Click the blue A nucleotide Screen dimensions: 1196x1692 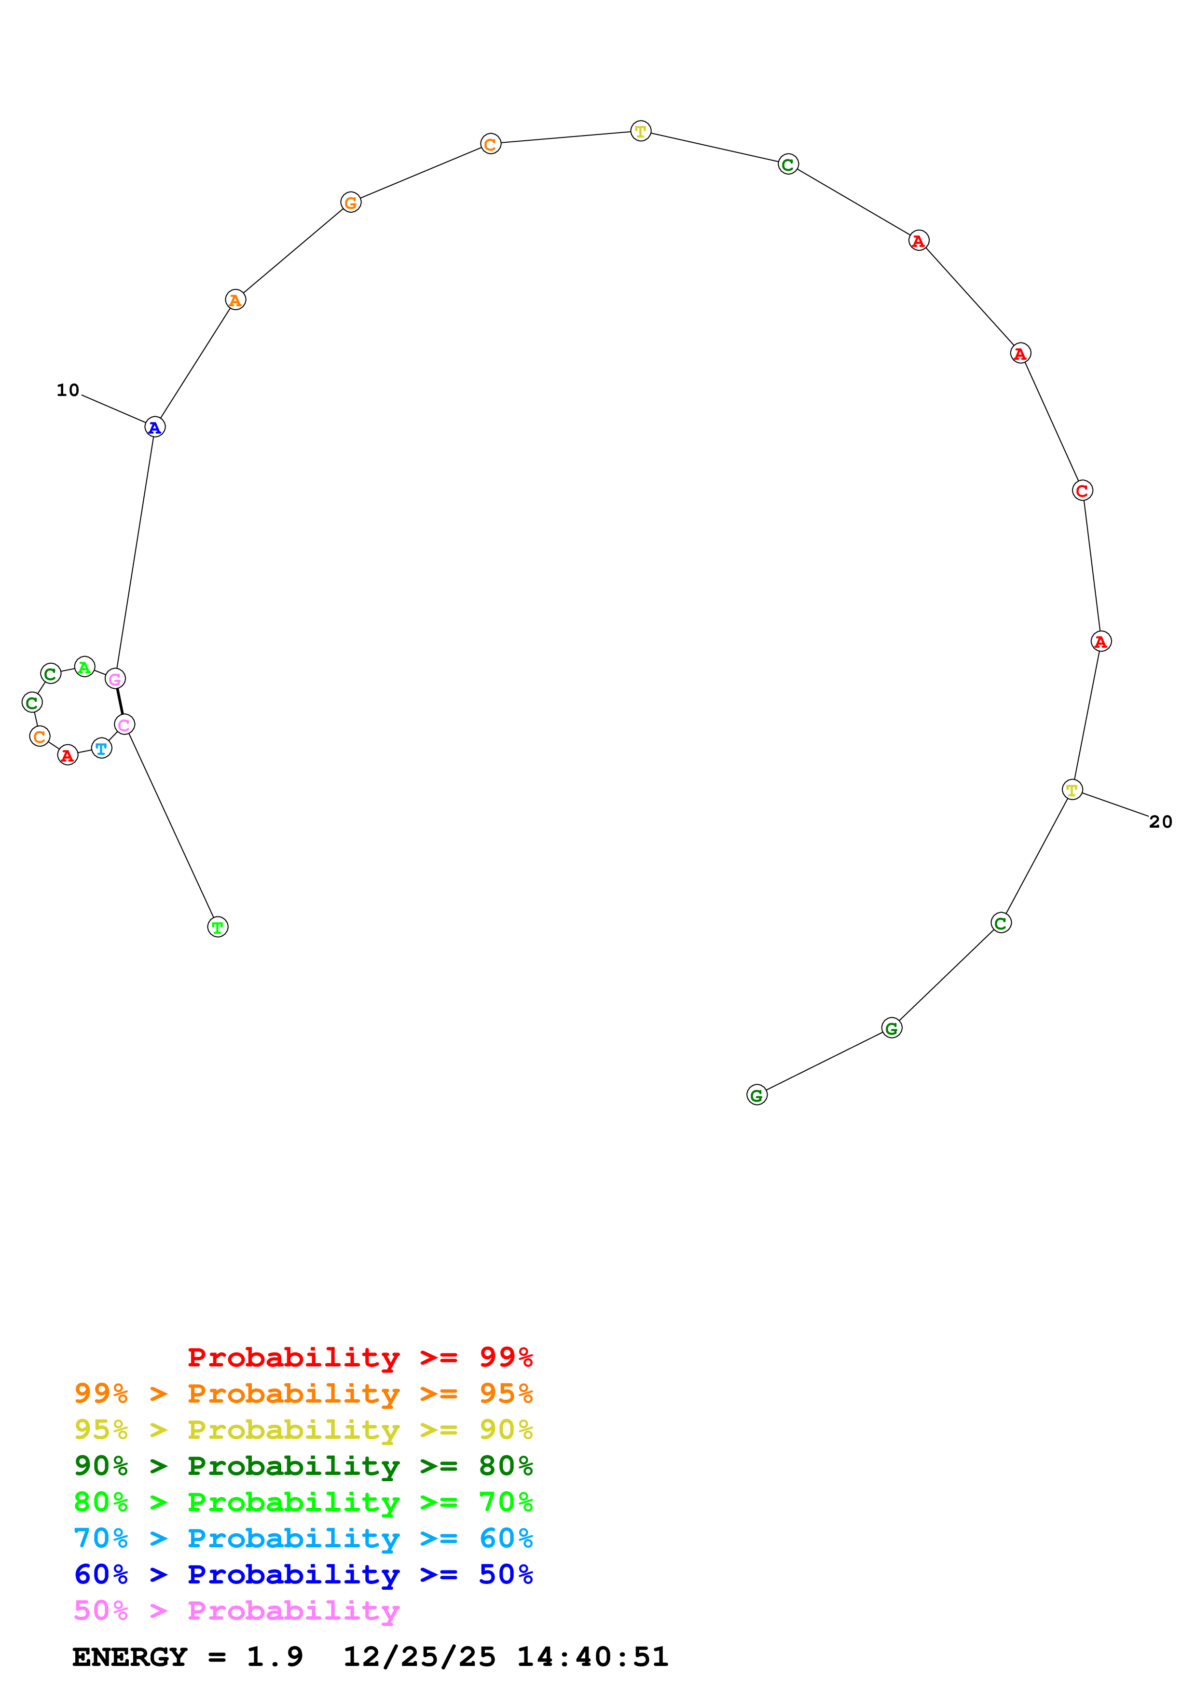(155, 427)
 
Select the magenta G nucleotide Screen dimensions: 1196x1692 (115, 679)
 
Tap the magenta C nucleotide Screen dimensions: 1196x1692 (124, 725)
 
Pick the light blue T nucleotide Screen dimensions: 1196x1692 (102, 749)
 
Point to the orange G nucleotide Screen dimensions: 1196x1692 (351, 202)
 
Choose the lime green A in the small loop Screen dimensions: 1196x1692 (85, 667)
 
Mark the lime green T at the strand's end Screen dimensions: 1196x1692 (218, 927)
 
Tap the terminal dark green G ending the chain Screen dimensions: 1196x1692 (757, 1095)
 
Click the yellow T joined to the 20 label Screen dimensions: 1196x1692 (1072, 790)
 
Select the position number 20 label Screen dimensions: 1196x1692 (1161, 822)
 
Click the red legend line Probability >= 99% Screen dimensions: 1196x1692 (359, 1357)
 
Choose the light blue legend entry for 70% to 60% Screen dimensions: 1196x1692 (303, 1538)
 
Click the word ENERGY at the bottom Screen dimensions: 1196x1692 (130, 1657)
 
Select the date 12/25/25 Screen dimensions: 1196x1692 (419, 1657)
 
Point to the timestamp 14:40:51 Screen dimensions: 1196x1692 (592, 1657)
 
